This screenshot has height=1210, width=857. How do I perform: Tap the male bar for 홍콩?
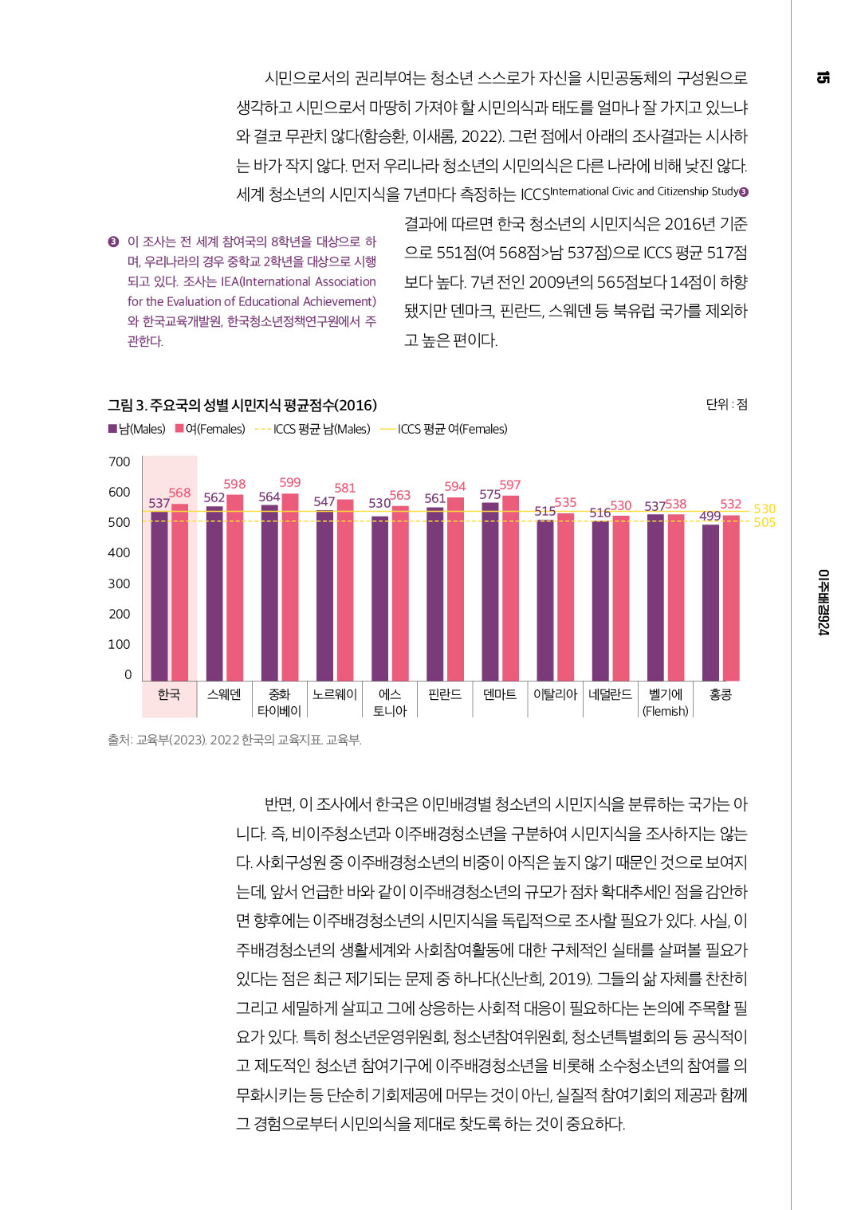710,602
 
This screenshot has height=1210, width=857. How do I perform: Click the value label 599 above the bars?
290,482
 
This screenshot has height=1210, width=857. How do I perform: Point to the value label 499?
710,516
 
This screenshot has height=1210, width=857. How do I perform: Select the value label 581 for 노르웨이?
345,488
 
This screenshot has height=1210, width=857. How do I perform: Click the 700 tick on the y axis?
120,462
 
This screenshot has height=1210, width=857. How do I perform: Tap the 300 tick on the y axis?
120,583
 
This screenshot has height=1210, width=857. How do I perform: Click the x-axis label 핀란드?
445,694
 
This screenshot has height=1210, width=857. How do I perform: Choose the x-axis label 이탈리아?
555,694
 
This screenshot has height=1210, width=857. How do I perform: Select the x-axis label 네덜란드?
610,694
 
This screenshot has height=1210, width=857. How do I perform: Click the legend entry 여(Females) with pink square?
210,429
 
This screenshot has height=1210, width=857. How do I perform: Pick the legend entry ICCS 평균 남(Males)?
313,429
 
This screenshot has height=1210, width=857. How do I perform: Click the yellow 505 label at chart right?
764,522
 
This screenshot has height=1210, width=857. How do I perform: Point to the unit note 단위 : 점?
726,404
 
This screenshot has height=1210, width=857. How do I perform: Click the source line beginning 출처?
234,740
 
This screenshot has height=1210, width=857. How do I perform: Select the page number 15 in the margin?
823,77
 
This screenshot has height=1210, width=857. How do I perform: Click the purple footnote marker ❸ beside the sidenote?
113,242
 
